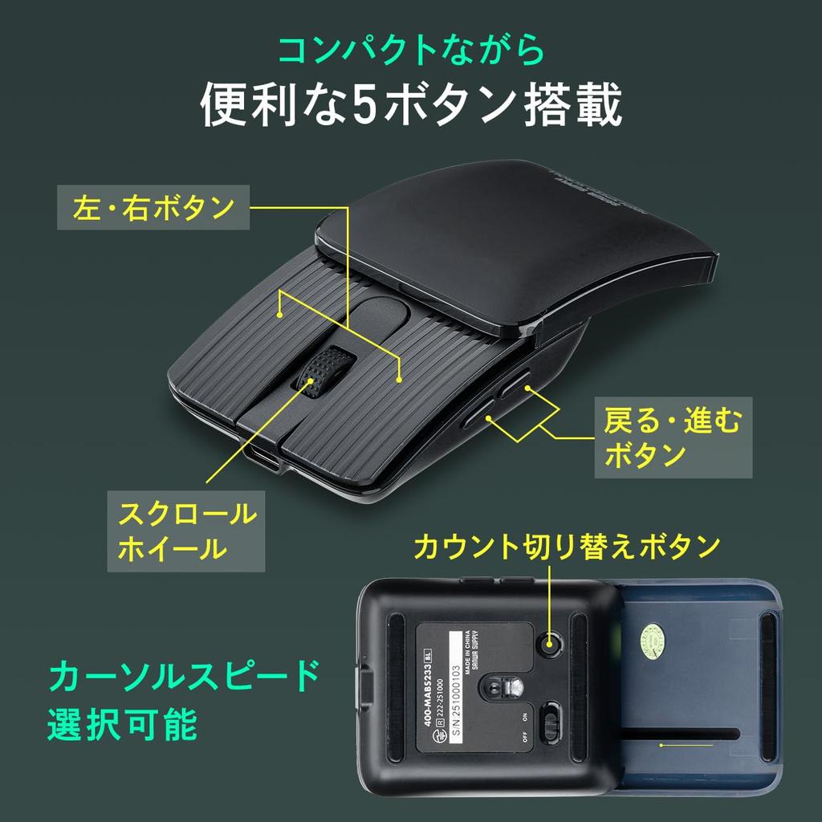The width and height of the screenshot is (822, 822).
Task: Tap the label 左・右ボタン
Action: tap(153, 209)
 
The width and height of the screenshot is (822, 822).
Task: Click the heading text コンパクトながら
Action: tap(410, 51)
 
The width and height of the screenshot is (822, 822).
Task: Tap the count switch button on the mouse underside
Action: tap(550, 642)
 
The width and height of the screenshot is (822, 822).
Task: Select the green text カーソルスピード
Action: tap(184, 676)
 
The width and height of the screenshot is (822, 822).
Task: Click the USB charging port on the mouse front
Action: tap(264, 459)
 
